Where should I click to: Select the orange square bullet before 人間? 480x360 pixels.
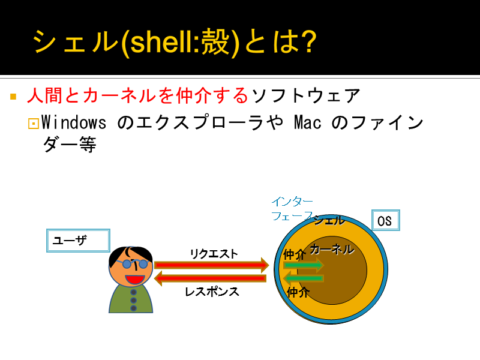(13, 97)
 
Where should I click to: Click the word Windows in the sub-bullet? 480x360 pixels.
(74, 122)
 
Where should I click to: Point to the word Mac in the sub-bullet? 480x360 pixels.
(308, 122)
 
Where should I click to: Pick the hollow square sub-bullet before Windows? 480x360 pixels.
(34, 124)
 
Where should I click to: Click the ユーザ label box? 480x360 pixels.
(78, 241)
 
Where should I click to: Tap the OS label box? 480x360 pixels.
(386, 220)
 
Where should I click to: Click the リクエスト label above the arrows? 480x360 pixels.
(214, 254)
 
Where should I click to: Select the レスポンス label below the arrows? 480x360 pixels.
(212, 292)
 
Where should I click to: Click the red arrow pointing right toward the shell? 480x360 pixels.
(212, 265)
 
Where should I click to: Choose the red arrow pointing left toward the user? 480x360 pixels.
(211, 278)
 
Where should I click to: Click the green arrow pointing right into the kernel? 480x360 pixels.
(304, 265)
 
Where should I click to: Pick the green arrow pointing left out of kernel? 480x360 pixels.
(304, 278)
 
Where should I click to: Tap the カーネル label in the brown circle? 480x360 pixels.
(332, 250)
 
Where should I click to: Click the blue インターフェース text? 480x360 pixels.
(292, 209)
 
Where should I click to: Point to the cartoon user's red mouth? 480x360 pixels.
(134, 279)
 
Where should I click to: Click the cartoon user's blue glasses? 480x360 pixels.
(134, 263)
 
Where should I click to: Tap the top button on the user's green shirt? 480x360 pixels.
(133, 292)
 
